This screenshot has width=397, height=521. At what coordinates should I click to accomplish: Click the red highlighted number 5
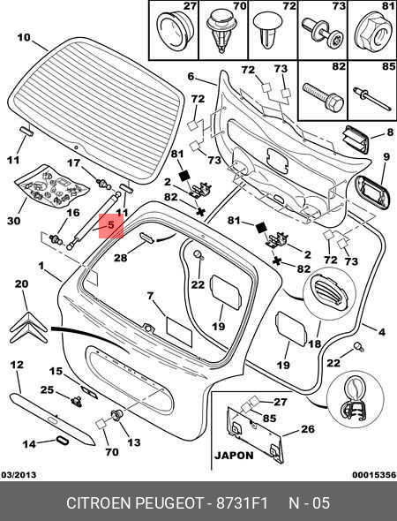(111, 225)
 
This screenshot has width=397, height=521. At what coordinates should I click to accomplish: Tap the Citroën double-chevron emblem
(29, 328)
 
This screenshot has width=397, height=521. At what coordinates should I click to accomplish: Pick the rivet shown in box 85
(372, 98)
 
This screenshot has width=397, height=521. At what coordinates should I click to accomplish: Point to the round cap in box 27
(174, 31)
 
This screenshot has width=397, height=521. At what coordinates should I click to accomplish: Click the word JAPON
(234, 455)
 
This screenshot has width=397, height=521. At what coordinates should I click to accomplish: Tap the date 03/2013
(19, 475)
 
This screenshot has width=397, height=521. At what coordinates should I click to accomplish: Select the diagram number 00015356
(374, 475)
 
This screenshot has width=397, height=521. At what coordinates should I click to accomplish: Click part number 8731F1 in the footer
(242, 503)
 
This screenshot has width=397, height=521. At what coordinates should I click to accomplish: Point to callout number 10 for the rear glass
(24, 37)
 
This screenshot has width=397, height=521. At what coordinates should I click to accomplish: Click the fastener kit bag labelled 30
(51, 185)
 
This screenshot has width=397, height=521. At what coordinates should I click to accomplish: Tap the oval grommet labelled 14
(62, 441)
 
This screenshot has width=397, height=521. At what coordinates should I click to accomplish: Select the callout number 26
(307, 429)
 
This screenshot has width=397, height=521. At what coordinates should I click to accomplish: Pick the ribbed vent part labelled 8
(356, 140)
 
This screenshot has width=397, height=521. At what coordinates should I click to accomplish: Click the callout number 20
(22, 284)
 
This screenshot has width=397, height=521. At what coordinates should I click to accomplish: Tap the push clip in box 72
(268, 31)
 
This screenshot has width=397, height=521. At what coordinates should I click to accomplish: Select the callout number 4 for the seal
(382, 332)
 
